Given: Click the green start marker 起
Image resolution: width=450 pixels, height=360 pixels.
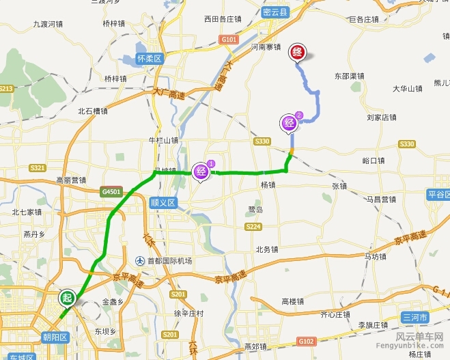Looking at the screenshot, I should click(66, 298).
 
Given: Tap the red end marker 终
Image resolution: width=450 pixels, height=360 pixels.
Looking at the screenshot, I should click(298, 53).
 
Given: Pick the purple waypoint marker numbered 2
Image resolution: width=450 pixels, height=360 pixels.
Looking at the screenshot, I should click(290, 123).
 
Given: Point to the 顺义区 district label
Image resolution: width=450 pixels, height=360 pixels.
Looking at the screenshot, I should click(163, 203).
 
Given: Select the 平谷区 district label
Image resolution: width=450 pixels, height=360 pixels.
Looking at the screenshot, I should click(437, 195).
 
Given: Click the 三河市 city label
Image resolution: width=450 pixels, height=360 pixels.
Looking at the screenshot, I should click(414, 318).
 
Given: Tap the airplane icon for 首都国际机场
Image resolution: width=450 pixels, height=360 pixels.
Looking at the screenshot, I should click(139, 261).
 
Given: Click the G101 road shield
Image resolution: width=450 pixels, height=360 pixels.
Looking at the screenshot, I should click(229, 40).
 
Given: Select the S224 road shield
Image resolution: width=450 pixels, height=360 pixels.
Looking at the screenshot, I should click(253, 226).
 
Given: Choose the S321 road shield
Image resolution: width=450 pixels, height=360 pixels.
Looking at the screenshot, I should click(38, 168).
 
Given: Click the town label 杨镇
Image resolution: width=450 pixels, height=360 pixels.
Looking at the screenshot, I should click(268, 184).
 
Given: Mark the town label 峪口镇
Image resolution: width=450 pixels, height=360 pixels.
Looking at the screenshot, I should click(374, 161).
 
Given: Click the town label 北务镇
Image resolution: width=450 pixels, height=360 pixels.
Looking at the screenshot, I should click(267, 249).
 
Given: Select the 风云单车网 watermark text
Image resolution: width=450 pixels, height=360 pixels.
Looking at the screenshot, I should click(419, 337).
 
